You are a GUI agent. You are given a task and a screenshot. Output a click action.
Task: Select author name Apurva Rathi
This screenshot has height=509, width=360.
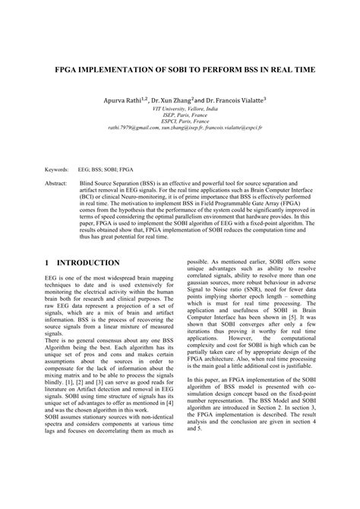click(128, 100)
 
